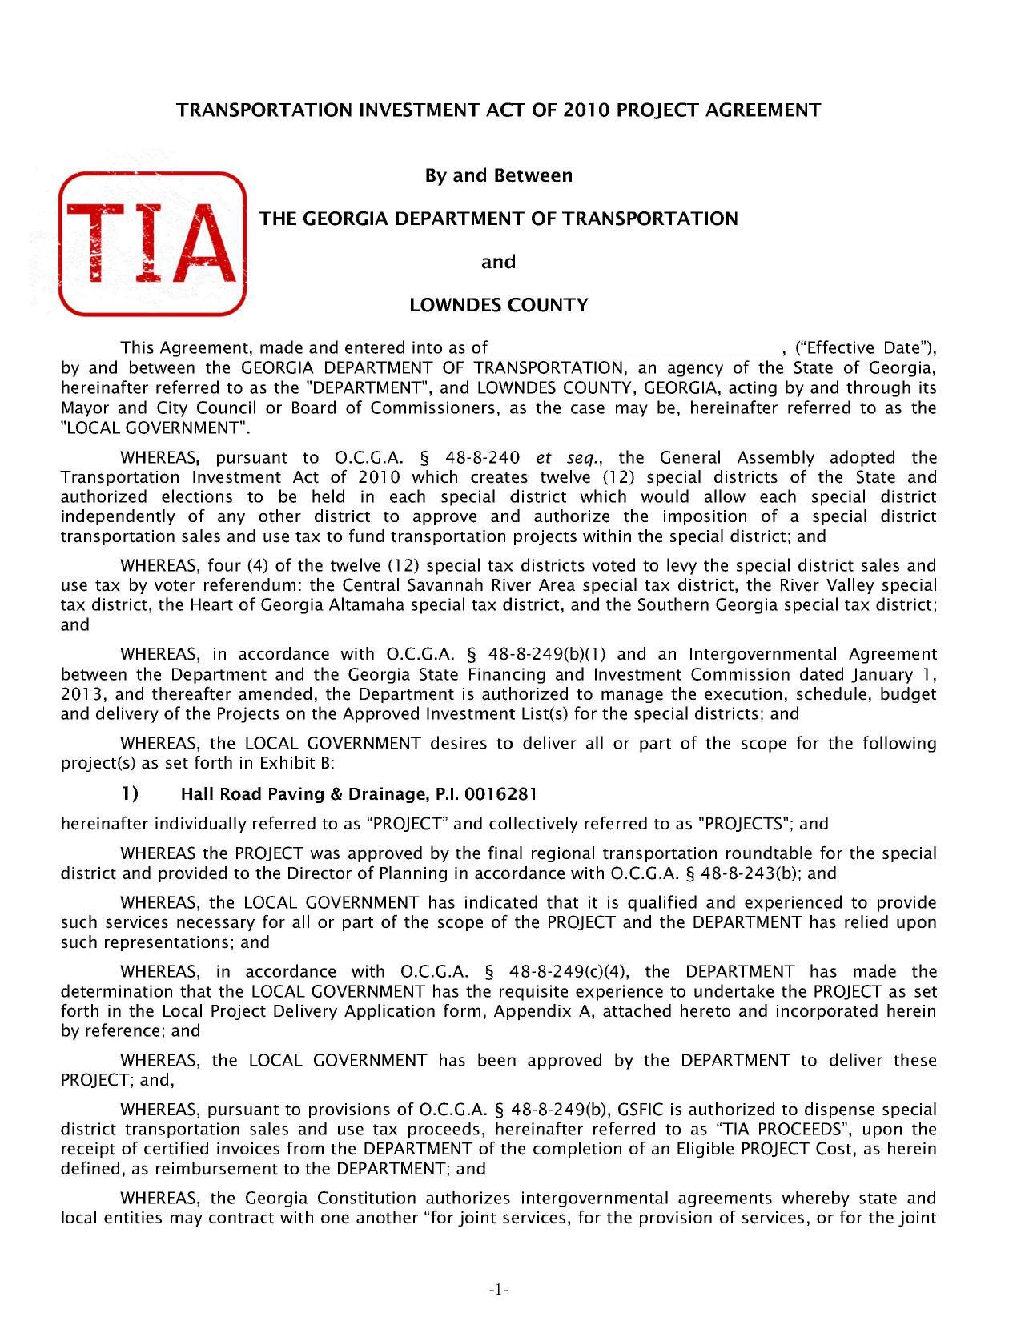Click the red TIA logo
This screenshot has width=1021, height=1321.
pyautogui.click(x=152, y=243)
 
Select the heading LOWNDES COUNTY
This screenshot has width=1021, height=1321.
pyautogui.click(x=498, y=305)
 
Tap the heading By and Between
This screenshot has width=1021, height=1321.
pyautogui.click(x=498, y=175)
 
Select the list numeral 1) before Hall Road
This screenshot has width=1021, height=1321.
pyautogui.click(x=130, y=794)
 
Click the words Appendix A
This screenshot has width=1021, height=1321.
pyautogui.click(x=542, y=1011)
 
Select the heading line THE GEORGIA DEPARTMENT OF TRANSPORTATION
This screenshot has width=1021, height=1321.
pyautogui.click(x=498, y=219)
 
